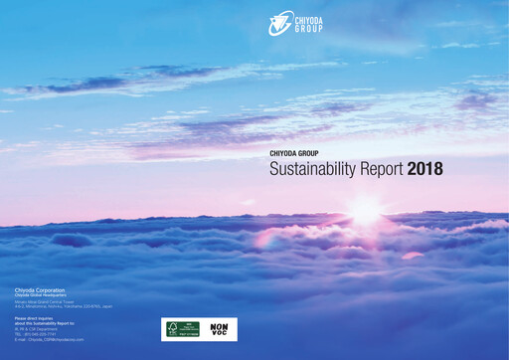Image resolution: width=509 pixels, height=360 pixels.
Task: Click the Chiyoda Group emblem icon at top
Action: pos(280,22)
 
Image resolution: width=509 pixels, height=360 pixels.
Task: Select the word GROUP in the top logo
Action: pos(312,28)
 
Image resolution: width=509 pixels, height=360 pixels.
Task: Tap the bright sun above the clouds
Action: pos(364,211)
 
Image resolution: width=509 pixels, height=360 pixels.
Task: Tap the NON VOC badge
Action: pos(220,329)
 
